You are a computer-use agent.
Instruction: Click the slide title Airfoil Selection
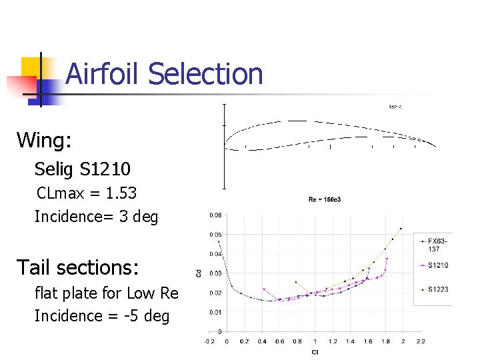(164, 73)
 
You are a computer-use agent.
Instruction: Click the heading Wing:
(44, 140)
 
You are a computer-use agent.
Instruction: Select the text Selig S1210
(83, 168)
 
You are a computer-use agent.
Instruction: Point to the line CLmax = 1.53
(86, 193)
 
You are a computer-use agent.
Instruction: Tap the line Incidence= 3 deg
(96, 217)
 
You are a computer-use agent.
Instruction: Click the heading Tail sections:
(77, 267)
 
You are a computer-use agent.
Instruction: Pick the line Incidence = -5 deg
(101, 315)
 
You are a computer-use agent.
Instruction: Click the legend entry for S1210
(438, 265)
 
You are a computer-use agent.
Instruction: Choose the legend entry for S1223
(438, 289)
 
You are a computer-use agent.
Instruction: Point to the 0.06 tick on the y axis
(216, 215)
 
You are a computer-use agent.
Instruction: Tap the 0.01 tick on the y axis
(216, 312)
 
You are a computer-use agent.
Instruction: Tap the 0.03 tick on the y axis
(216, 273)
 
